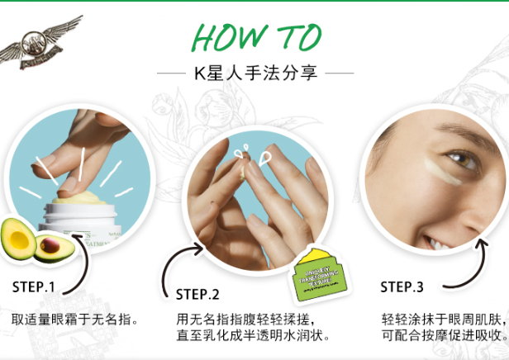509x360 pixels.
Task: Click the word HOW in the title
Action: [226, 36]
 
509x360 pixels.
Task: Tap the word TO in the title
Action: [293, 36]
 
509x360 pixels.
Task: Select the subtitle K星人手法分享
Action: [254, 73]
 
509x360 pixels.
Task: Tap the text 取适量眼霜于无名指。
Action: [75, 318]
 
